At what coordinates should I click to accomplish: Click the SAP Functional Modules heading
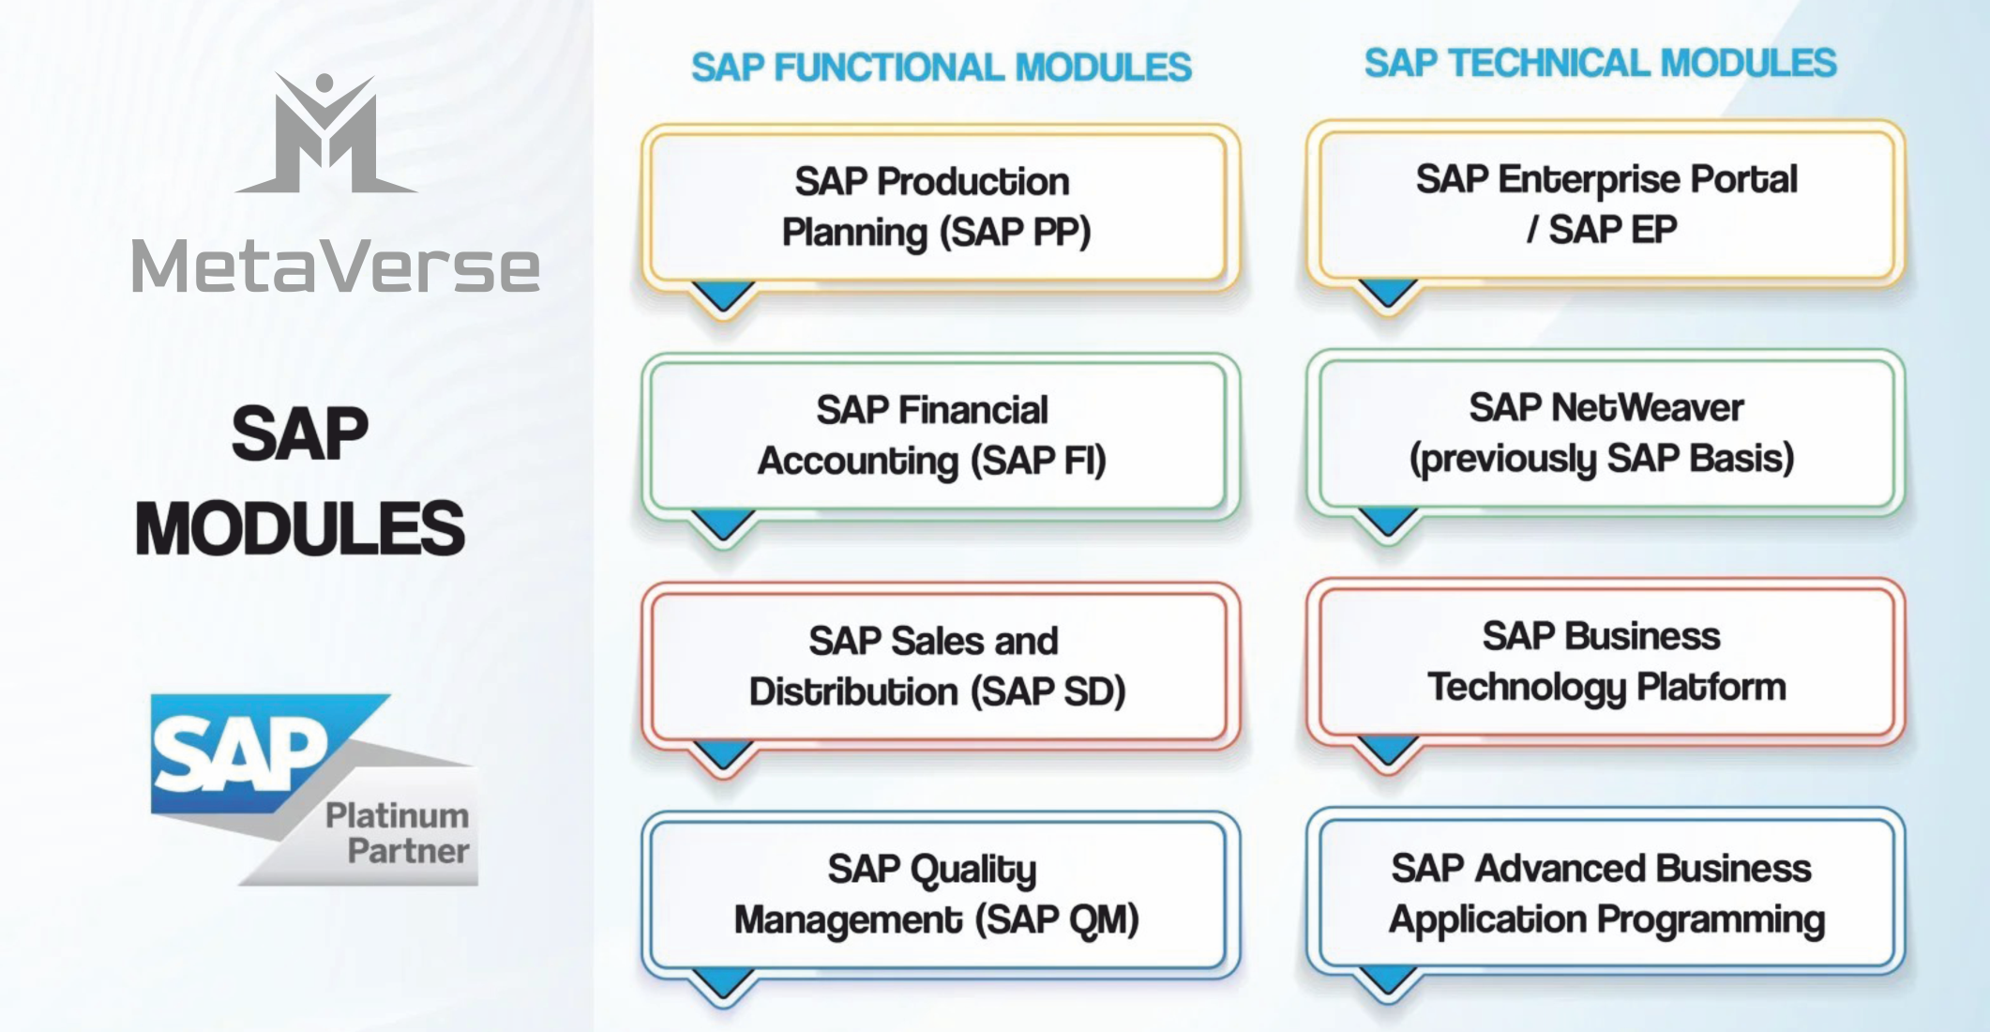(941, 68)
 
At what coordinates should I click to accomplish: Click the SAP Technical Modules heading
(1600, 64)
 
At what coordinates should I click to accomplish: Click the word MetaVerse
(336, 267)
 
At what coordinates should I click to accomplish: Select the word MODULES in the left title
(300, 529)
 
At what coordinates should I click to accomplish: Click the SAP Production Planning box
(938, 206)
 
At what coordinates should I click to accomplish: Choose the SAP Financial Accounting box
(938, 435)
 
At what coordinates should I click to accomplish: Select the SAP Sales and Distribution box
(938, 666)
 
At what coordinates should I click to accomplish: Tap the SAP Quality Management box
(938, 894)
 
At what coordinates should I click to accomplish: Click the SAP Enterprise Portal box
(1606, 204)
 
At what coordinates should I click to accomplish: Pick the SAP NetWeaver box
(1606, 433)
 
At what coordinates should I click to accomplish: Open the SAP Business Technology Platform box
(1606, 661)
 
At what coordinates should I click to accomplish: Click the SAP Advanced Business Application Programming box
(1606, 892)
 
